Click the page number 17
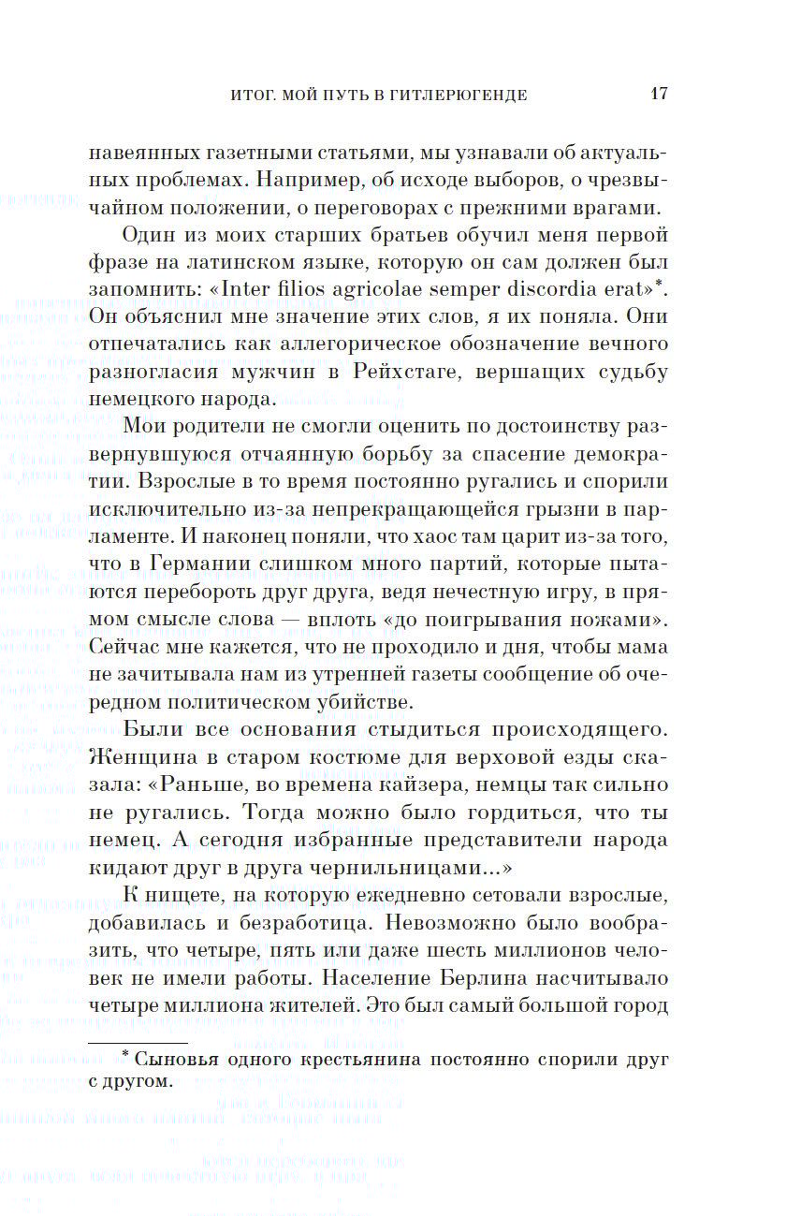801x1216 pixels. pos(658,94)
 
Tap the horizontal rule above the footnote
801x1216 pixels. pos(138,1042)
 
